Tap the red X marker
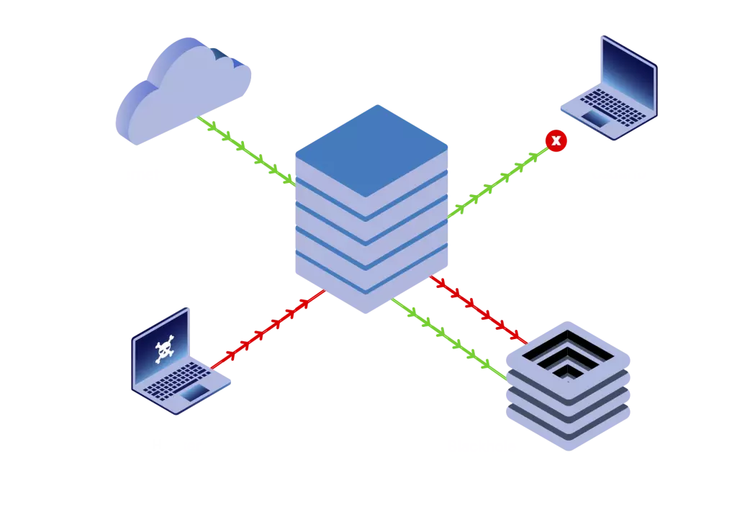pyautogui.click(x=556, y=140)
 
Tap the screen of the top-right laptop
pyautogui.click(x=628, y=76)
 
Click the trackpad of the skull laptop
pyautogui.click(x=196, y=393)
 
